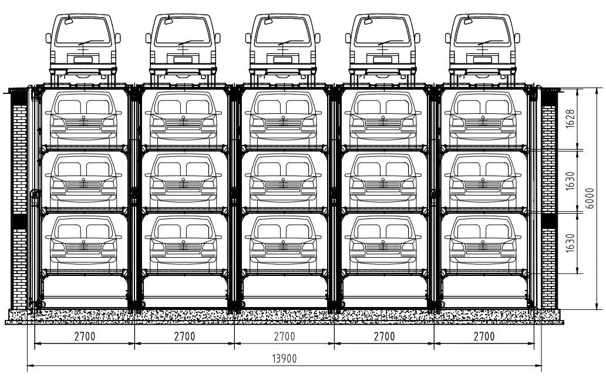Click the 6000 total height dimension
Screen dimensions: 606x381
click(x=590, y=198)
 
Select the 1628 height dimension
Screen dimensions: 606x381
click(x=570, y=118)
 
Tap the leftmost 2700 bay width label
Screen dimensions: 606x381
click(x=85, y=337)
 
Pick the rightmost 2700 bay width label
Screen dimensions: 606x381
click(x=484, y=337)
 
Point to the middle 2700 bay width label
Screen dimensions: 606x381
click(x=284, y=337)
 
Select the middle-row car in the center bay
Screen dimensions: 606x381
click(x=283, y=179)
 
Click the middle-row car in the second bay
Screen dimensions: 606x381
click(x=183, y=179)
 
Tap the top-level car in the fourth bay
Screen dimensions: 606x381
click(x=383, y=117)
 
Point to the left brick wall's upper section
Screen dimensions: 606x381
click(x=19, y=153)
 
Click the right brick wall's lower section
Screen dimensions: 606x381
click(x=549, y=264)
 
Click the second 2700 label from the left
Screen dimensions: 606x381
click(x=184, y=337)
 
